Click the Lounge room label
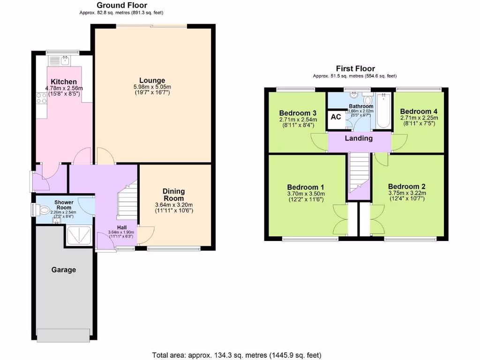[x=152, y=80]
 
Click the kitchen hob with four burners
[x=40, y=98]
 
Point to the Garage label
[x=63, y=270]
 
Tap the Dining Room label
[x=173, y=195]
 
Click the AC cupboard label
[x=336, y=117]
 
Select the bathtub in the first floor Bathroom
[x=383, y=111]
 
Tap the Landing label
[x=359, y=138]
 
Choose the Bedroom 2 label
[x=406, y=186]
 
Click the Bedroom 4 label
[x=419, y=111]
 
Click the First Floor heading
[x=355, y=68]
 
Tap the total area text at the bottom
[x=237, y=355]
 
